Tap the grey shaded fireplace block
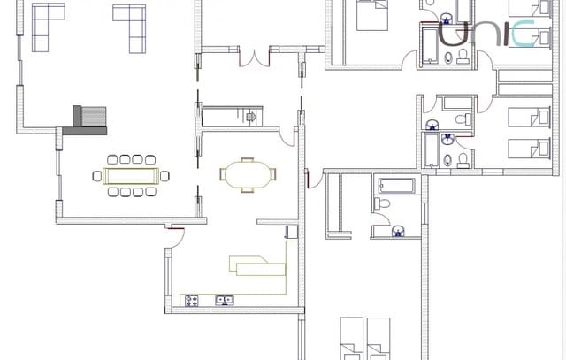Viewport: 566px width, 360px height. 89,119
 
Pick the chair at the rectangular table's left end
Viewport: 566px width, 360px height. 97,175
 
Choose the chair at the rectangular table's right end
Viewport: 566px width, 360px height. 164,175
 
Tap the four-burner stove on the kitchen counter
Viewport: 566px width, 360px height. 191,301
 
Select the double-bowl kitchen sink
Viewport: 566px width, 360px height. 225,301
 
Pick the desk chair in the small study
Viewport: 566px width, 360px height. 253,116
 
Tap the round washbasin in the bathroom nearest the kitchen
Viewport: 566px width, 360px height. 399,231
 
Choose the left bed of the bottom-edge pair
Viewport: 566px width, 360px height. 352,339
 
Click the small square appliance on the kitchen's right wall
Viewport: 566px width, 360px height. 291,232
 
